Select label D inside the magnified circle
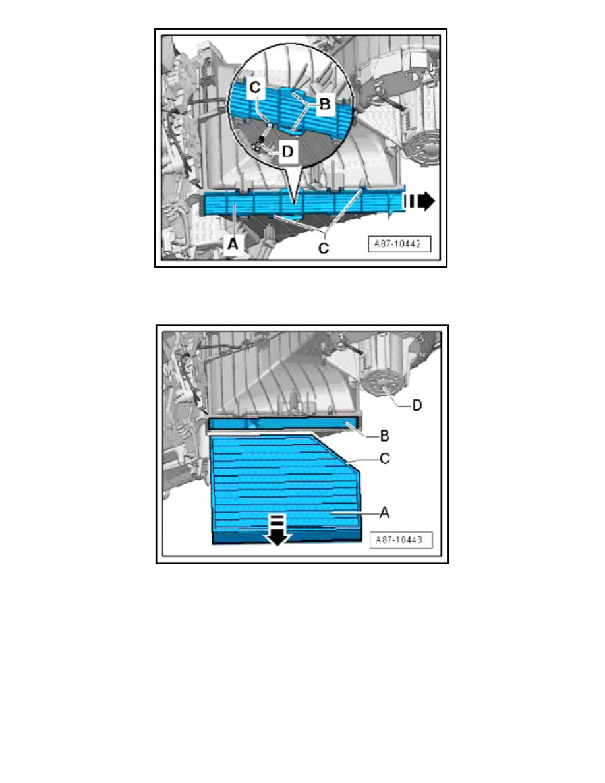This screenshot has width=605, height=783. (287, 151)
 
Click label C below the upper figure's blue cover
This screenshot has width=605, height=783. (323, 249)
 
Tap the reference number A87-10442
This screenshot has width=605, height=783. (399, 243)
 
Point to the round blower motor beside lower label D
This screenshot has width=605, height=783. (382, 389)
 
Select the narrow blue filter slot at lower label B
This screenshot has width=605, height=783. (283, 425)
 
